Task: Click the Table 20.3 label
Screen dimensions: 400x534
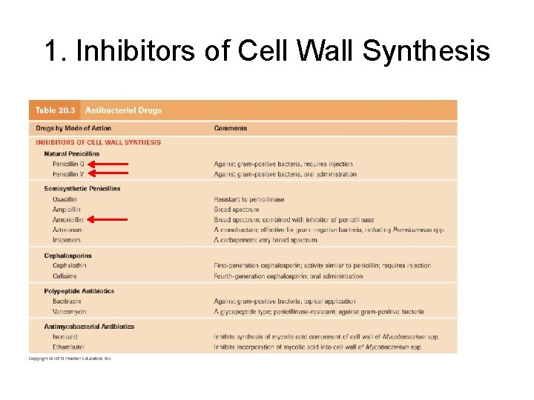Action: click(55, 110)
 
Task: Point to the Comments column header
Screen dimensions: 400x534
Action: click(231, 128)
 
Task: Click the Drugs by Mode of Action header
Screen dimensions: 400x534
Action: click(70, 128)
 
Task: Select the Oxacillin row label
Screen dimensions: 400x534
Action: click(65, 199)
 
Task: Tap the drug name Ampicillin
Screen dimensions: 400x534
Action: click(67, 210)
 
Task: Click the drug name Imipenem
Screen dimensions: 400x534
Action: click(66, 240)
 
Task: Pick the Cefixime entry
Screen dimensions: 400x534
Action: click(65, 276)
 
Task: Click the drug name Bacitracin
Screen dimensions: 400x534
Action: click(67, 301)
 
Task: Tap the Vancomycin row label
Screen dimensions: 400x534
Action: click(68, 312)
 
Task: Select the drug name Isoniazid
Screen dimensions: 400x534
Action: click(65, 336)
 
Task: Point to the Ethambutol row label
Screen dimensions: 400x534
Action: click(68, 347)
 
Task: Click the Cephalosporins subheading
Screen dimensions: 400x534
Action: click(67, 256)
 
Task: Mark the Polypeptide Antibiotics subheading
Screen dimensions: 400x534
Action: click(79, 291)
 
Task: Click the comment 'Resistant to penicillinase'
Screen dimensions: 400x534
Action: click(249, 199)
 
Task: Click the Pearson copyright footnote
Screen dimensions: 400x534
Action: click(70, 359)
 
